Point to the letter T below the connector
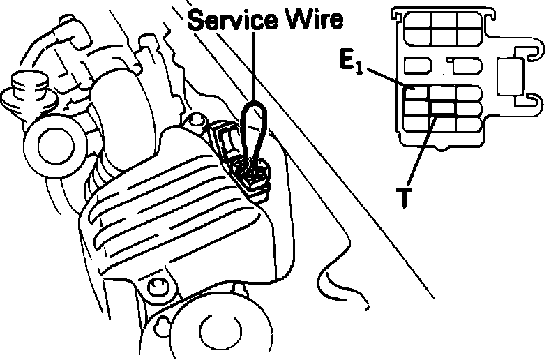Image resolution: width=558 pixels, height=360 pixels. point(402,197)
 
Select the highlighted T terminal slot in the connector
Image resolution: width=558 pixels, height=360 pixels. point(442,108)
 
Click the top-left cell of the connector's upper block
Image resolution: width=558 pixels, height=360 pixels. point(417,22)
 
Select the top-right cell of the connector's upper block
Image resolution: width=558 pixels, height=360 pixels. point(468,22)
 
